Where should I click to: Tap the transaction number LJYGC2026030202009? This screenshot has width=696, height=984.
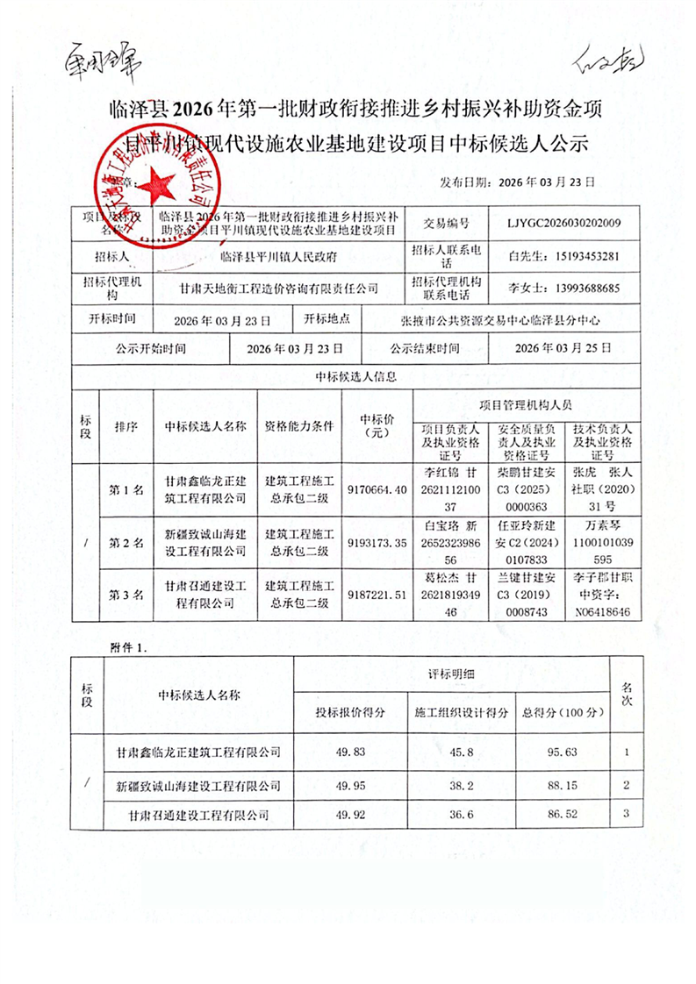tap(563, 223)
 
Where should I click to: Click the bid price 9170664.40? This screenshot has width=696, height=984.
tap(377, 489)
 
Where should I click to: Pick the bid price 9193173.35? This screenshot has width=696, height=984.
tap(377, 543)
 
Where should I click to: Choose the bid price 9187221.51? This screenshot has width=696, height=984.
tap(377, 595)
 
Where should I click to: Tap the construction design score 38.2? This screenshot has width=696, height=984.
tap(461, 784)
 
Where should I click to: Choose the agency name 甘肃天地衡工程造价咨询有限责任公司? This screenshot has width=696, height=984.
tap(278, 288)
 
